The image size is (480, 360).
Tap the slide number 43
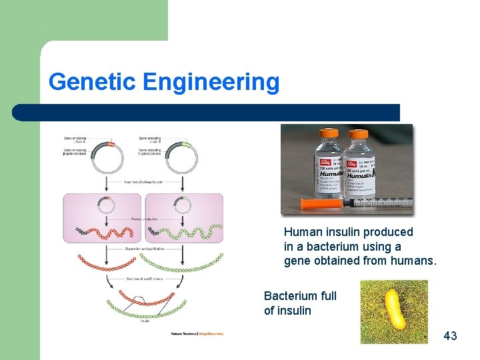tap(451, 336)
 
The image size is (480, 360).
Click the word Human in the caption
tap(301, 232)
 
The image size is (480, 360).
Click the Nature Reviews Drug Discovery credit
tap(197, 333)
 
